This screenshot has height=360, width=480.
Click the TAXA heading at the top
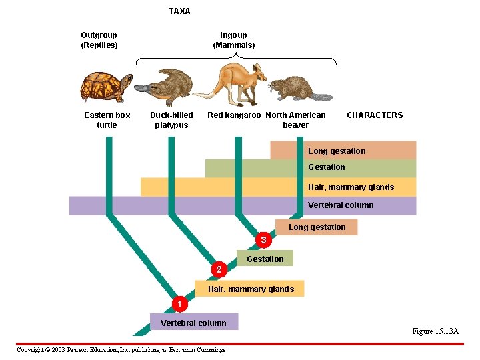pos(179,11)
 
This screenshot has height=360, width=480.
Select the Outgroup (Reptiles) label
pos(99,40)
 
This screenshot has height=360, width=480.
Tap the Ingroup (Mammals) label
pos(233,40)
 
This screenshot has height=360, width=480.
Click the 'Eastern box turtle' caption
pos(107,120)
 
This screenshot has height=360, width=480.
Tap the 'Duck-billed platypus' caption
pos(171,120)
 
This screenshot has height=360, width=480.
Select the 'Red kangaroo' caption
pos(234,115)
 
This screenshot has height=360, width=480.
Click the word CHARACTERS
pos(375,115)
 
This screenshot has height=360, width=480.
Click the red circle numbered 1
pos(177,304)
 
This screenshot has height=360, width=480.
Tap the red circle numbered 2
pos(219,269)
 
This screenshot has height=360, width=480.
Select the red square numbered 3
pos(263,239)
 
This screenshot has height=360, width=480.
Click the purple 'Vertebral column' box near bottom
pos(193,323)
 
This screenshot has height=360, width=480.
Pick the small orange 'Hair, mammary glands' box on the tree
pos(250,289)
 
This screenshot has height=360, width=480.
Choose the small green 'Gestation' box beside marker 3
pos(265,259)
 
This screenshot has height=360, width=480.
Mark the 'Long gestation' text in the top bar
pos(337,151)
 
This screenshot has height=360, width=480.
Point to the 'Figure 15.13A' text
pos(435,331)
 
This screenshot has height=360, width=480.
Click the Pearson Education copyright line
pos(121,350)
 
